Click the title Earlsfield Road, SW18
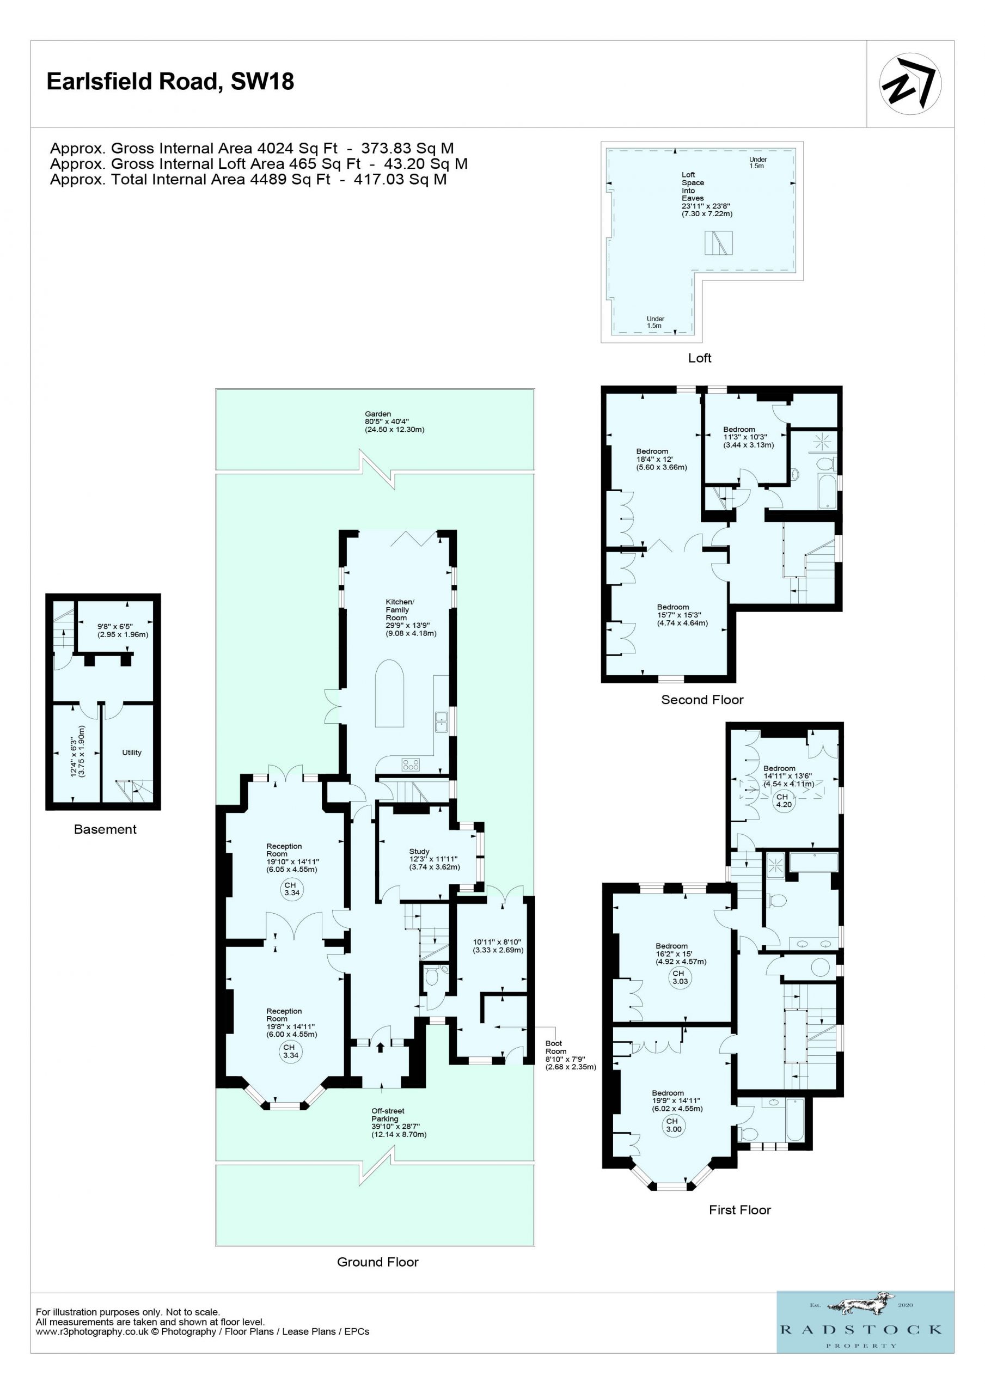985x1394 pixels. [x=170, y=81]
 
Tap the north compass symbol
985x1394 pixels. [x=910, y=84]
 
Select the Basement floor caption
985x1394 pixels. [x=105, y=829]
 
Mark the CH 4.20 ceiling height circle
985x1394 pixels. [x=784, y=801]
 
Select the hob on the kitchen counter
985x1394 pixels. [x=411, y=765]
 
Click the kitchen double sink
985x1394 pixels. [x=441, y=722]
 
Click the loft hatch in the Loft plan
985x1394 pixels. [x=718, y=243]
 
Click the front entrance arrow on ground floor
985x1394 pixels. [x=380, y=1047]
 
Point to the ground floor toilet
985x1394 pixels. [x=432, y=976]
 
